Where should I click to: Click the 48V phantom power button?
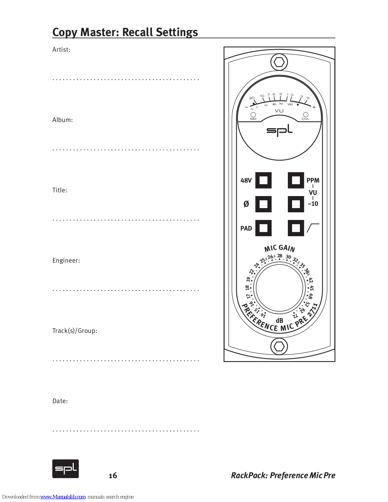click(263, 180)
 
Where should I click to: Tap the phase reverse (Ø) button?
click(263, 204)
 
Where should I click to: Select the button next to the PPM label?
click(296, 180)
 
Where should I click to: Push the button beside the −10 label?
click(296, 204)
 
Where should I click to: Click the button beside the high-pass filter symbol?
click(296, 228)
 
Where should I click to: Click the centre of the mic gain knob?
click(279, 288)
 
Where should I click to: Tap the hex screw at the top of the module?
click(279, 62)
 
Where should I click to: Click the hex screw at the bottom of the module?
click(279, 346)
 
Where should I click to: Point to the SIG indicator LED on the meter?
click(253, 115)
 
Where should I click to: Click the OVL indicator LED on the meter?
click(306, 115)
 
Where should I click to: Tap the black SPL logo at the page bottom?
click(65, 469)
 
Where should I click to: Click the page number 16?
click(113, 476)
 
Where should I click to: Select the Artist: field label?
click(61, 50)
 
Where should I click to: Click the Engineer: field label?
click(66, 260)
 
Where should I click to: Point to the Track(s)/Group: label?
click(75, 331)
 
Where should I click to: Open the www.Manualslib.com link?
click(63, 497)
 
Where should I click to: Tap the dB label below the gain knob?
click(279, 321)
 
